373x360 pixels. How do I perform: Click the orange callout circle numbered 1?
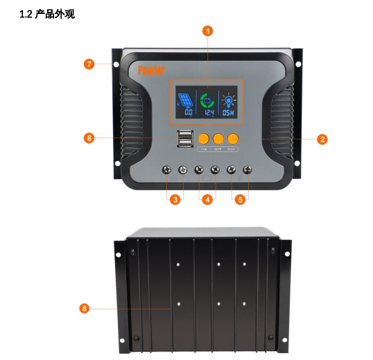pyautogui.click(x=208, y=31)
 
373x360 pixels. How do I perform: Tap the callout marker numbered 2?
pyautogui.click(x=322, y=139)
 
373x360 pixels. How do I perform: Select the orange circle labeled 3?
pyautogui.click(x=175, y=200)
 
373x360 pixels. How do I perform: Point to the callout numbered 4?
pyautogui.click(x=207, y=200)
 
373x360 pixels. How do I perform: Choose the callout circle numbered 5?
pyautogui.click(x=240, y=200)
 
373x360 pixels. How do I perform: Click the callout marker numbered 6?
pyautogui.click(x=89, y=138)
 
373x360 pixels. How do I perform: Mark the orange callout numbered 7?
pyautogui.click(x=89, y=64)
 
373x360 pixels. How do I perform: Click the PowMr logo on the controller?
pyautogui.click(x=150, y=70)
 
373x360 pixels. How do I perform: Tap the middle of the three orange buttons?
pyautogui.click(x=218, y=138)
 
